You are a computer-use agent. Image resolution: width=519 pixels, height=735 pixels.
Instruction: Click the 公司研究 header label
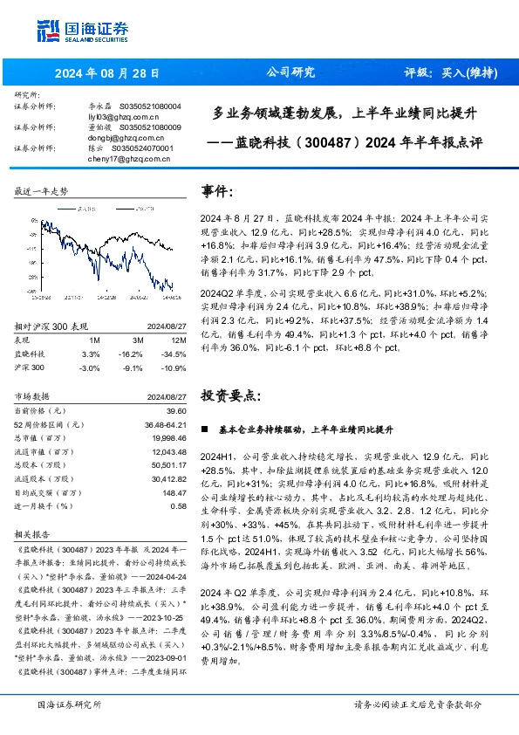(285, 73)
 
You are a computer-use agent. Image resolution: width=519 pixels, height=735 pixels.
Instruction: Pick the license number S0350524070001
(146, 148)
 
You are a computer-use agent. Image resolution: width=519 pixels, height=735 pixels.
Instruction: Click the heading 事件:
(218, 190)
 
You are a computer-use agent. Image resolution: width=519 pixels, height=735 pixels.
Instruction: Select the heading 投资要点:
(231, 395)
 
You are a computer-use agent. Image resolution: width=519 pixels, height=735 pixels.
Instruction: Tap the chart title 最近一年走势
(42, 190)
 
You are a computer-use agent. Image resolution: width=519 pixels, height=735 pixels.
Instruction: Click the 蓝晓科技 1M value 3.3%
(90, 354)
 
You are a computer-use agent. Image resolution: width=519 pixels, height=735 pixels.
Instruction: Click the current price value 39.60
(175, 409)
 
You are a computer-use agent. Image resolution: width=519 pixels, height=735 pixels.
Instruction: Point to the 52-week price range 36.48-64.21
(163, 423)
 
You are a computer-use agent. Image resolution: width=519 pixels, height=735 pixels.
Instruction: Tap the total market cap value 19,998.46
(169, 437)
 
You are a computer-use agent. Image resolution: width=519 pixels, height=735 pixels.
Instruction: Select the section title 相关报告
(32, 532)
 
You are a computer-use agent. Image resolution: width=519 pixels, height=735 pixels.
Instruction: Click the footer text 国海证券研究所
(68, 704)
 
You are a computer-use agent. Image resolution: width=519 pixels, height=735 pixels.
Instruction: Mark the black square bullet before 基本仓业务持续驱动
(204, 430)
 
